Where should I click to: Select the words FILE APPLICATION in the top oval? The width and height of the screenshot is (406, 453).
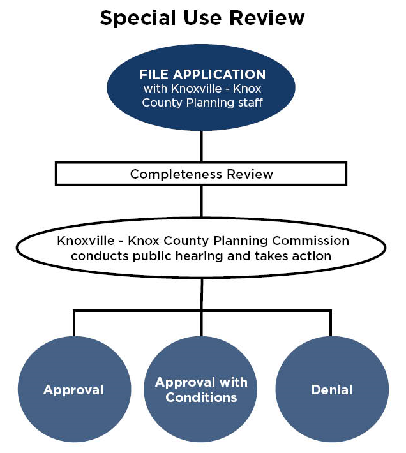(x=202, y=75)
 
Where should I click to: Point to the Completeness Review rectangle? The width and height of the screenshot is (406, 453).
(x=201, y=174)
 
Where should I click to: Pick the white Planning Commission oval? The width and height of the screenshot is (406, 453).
(x=202, y=249)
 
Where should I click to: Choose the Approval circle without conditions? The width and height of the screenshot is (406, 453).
(x=73, y=390)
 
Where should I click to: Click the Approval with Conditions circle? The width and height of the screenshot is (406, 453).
(x=202, y=390)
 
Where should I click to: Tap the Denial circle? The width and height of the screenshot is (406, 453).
(x=332, y=390)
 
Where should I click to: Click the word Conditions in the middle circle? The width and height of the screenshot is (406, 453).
(x=202, y=397)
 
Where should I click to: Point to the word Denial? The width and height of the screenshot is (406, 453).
(x=332, y=390)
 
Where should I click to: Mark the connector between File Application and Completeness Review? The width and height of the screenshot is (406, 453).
(x=202, y=146)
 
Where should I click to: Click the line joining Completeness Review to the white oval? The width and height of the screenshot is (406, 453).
(x=202, y=201)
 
